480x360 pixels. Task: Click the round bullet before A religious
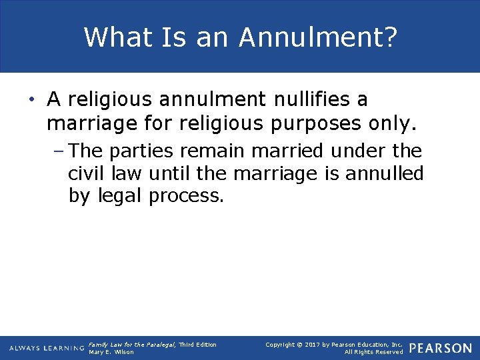click(x=32, y=100)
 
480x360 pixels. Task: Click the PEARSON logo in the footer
click(x=441, y=348)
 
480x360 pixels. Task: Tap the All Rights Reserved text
click(x=373, y=352)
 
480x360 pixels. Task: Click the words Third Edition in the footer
click(x=197, y=344)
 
